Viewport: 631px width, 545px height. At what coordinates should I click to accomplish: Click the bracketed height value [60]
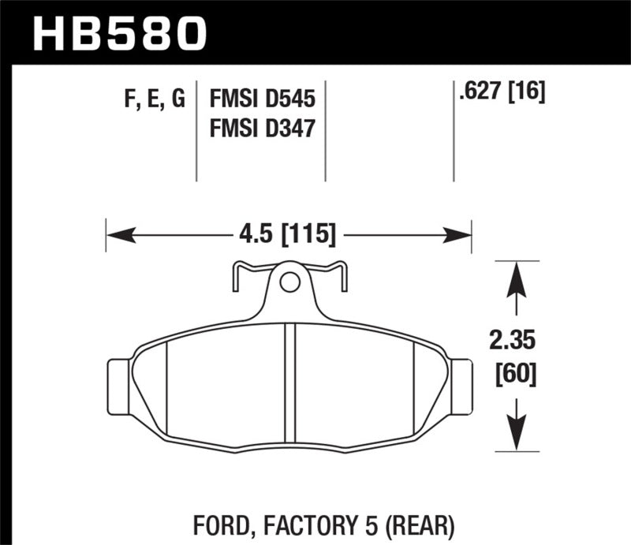click(x=516, y=372)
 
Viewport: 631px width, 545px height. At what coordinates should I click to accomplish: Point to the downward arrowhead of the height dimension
click(x=516, y=438)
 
